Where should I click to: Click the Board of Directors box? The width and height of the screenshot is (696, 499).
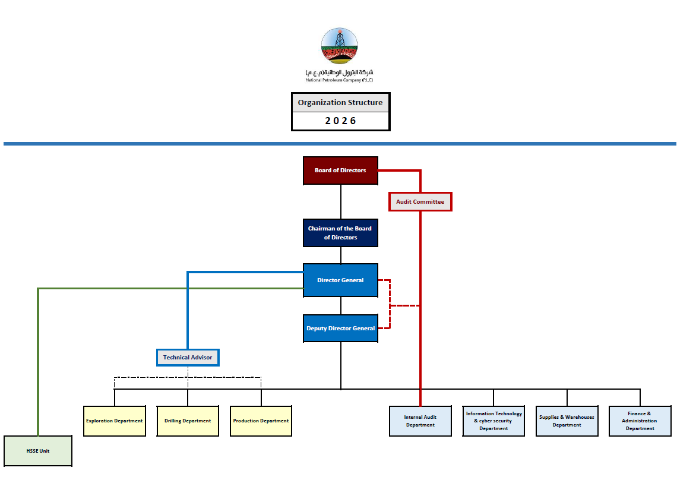340,170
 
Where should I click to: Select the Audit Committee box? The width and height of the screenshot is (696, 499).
420,202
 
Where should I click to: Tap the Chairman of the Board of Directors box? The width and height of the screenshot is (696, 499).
340,233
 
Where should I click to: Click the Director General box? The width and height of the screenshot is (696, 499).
340,280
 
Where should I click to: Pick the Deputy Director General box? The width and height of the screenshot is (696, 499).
340,329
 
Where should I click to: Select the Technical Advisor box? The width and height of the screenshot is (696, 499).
188,358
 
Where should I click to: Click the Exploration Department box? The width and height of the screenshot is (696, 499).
114,421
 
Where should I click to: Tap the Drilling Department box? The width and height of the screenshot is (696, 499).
188,421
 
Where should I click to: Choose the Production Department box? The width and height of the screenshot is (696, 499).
261,421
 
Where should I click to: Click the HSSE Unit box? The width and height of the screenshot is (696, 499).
38,451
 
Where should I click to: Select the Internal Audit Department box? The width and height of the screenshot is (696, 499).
420,421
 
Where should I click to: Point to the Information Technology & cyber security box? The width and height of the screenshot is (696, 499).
493,421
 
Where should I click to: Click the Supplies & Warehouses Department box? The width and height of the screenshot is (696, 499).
567,421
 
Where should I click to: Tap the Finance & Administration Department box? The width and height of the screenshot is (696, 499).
640,421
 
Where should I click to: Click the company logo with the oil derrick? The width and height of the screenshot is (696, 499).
340,46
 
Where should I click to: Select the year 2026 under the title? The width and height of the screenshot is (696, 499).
340,121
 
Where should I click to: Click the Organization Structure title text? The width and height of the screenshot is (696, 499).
340,103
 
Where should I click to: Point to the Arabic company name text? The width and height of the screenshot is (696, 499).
340,72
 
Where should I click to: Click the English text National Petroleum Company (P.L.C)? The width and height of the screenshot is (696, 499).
340,80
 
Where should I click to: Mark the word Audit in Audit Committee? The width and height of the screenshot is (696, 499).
405,202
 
